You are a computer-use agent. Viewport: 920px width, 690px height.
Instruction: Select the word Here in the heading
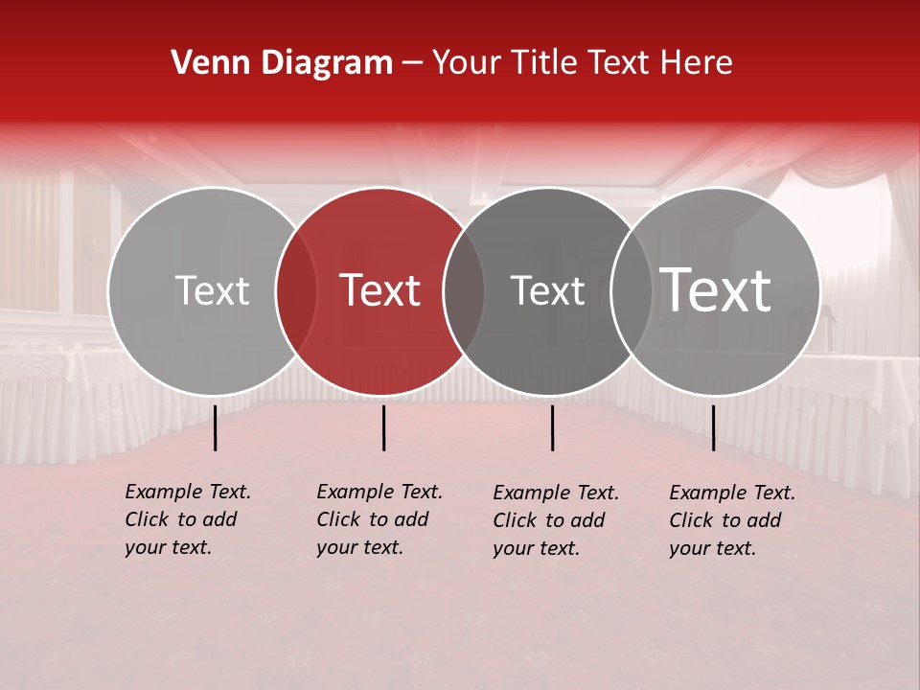698,63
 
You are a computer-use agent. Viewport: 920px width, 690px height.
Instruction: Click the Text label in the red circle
380,290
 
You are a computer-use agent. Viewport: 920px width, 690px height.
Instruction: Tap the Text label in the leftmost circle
212,291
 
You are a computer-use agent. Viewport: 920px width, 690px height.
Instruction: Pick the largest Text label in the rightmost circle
716,289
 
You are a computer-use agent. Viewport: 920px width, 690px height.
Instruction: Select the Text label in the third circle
547,291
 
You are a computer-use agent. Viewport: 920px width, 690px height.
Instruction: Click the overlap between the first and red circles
296,291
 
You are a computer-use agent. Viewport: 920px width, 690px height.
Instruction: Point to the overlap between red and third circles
464,291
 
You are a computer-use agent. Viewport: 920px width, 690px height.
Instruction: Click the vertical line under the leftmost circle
216,427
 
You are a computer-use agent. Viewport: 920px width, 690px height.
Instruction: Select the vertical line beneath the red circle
383,427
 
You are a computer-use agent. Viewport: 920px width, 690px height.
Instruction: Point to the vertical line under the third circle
552,427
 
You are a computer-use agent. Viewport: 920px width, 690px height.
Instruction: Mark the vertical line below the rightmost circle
713,427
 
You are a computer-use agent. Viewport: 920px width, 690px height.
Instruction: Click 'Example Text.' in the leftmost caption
188,492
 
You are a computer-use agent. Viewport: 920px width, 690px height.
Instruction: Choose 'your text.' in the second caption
359,547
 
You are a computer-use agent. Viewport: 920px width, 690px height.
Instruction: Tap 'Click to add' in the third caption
549,520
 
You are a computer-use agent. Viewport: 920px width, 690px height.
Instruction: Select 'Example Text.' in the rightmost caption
732,493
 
